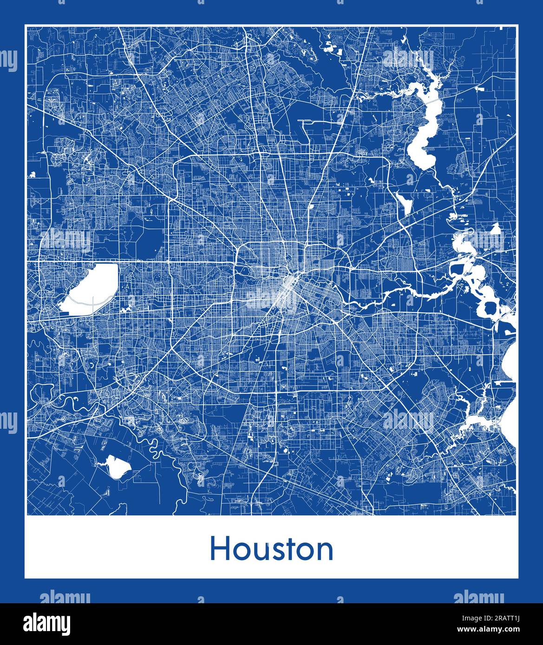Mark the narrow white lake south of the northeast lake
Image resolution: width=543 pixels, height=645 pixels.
403,202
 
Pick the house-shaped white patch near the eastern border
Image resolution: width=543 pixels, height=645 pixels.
496,229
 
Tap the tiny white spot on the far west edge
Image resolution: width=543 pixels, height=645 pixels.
33,175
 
